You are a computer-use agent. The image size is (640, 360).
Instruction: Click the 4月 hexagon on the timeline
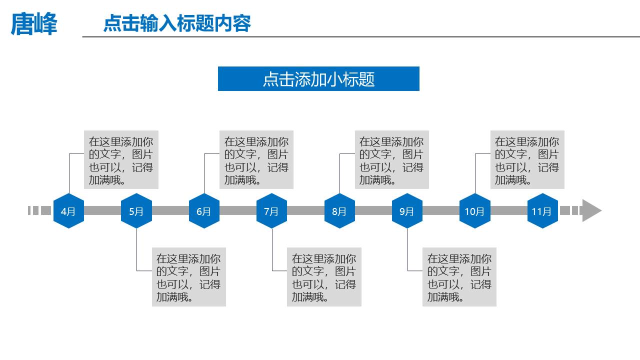pos(68,211)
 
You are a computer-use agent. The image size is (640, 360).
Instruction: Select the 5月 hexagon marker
pos(136,211)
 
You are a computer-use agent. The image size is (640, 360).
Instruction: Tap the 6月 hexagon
pos(204,211)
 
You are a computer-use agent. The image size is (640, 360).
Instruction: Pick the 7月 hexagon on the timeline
pos(271,211)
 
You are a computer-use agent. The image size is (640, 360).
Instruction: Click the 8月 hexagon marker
pos(339,211)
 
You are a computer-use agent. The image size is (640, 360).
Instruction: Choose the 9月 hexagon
pos(407,211)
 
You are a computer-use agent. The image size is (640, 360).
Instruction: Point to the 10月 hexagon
pos(474,211)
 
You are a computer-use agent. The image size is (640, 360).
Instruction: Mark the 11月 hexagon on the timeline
pos(542,211)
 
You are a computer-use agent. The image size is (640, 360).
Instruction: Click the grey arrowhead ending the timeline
pos(591,210)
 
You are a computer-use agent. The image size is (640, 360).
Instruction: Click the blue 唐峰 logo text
pos(34,24)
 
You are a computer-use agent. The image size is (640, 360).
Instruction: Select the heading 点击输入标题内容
pos(177,23)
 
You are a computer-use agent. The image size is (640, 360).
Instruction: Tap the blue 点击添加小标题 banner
pos(318,79)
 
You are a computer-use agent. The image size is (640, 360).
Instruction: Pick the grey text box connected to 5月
pos(189,277)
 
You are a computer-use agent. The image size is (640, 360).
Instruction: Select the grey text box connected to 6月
pos(256,160)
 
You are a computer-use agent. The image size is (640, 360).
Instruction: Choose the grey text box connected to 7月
pos(324,277)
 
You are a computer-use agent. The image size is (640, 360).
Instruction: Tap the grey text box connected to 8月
pos(392,160)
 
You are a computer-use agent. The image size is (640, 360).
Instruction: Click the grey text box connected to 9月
pos(459,277)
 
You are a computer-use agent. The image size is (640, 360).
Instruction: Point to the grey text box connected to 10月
pos(527,160)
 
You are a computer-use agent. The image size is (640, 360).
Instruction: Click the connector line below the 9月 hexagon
pos(407,250)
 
